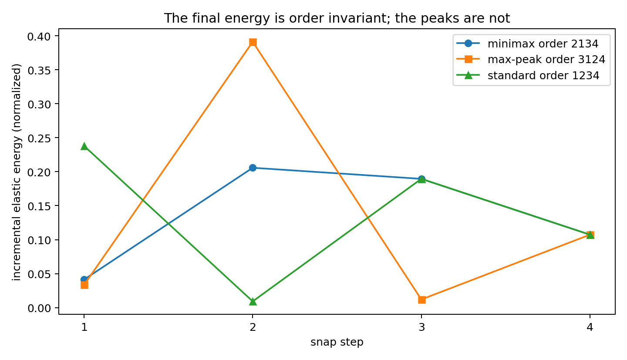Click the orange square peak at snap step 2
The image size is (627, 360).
pyautogui.click(x=253, y=43)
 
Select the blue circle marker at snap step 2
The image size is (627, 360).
pyautogui.click(x=253, y=168)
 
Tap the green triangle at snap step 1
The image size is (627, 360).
pyautogui.click(x=84, y=146)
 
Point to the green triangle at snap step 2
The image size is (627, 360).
pyautogui.click(x=253, y=302)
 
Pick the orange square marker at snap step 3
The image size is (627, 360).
pyautogui.click(x=422, y=300)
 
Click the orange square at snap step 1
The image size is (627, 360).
pyautogui.click(x=84, y=285)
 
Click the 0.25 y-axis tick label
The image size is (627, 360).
pyautogui.click(x=39, y=138)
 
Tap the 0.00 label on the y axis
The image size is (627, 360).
pyautogui.click(x=39, y=308)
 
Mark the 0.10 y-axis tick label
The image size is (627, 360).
pyautogui.click(x=39, y=240)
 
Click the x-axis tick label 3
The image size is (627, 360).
pyautogui.click(x=422, y=327)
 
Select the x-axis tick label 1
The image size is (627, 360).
pyautogui.click(x=84, y=327)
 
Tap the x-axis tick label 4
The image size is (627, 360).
pyautogui.click(x=590, y=327)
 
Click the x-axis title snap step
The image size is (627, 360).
pyautogui.click(x=337, y=342)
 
